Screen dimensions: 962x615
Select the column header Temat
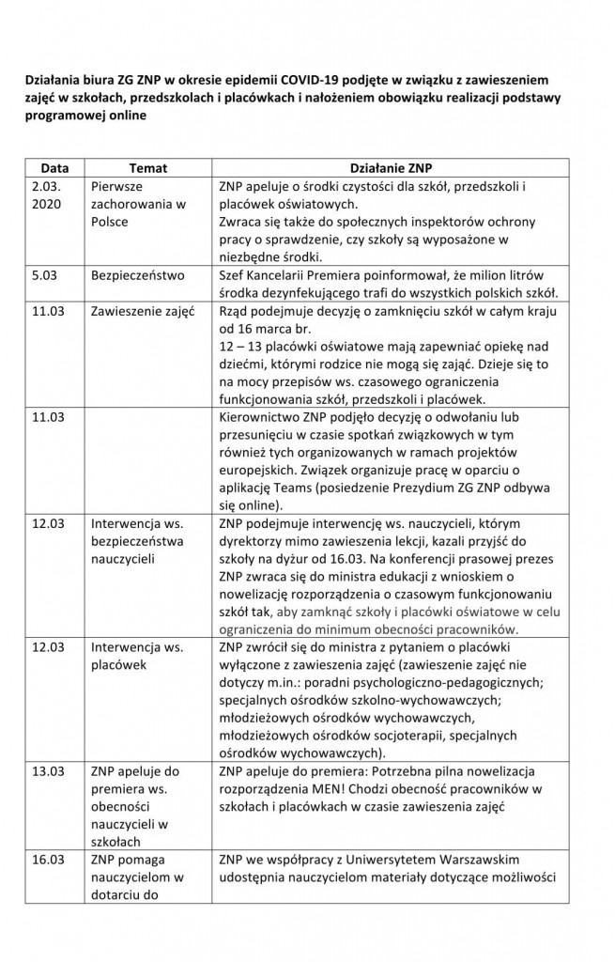pos(147,169)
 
